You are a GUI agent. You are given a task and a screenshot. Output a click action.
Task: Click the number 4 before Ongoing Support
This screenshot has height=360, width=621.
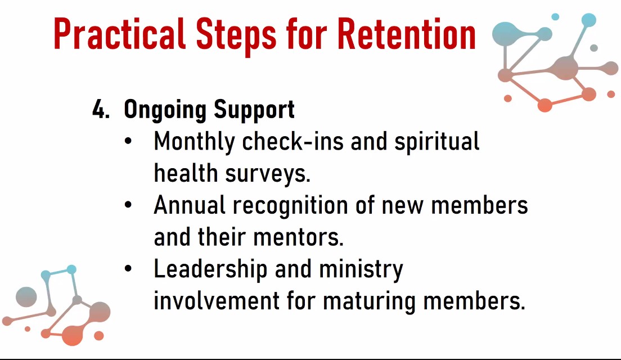point(101,109)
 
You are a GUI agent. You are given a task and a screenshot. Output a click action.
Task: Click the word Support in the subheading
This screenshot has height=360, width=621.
point(254,110)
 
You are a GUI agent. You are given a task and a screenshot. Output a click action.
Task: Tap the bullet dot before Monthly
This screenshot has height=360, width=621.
point(128,141)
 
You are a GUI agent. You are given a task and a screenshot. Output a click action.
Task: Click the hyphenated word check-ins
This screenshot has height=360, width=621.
point(292,141)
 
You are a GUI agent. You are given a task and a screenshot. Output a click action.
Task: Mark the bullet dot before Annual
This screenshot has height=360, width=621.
point(128,205)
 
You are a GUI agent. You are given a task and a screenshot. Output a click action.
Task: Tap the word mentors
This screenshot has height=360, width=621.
point(298,237)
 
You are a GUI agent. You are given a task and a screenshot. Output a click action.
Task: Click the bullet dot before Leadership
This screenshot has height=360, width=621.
point(128,269)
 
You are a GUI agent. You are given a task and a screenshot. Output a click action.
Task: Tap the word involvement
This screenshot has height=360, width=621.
point(217,300)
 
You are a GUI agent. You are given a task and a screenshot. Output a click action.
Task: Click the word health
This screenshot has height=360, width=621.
point(186,173)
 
